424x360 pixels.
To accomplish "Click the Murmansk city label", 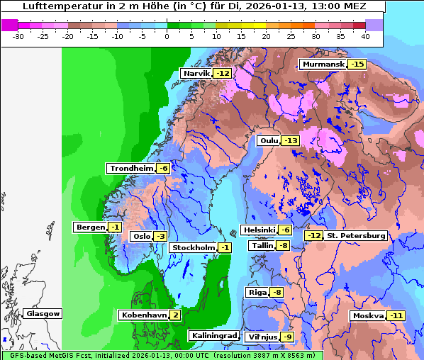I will tap(323, 64).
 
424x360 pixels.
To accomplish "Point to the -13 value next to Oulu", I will tap(291, 141).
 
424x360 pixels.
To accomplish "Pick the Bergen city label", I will tap(90, 227).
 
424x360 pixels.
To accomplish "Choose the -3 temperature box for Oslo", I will tap(160, 237).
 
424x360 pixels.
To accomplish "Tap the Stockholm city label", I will tap(192, 247).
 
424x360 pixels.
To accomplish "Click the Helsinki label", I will tap(259, 230).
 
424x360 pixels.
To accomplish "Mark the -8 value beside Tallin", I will tap(283, 246).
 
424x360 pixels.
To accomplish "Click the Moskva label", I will tap(368, 316).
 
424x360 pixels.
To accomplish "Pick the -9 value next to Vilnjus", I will tap(287, 337).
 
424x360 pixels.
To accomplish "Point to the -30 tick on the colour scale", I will tap(18, 35).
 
